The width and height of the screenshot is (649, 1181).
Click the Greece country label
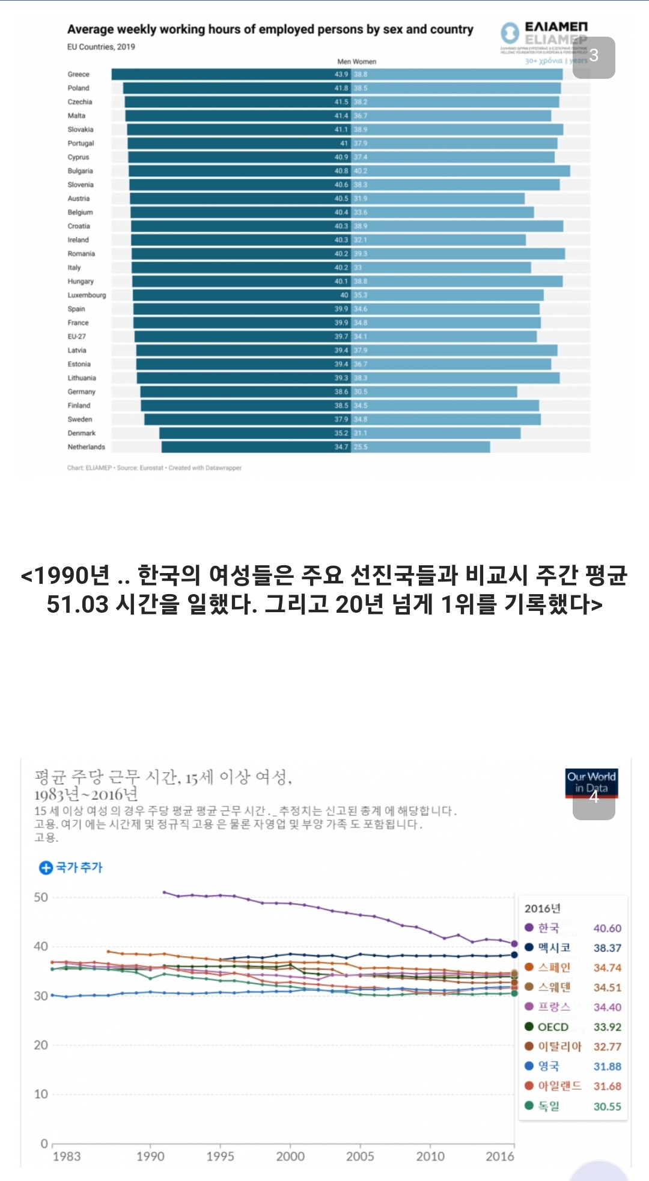point(78,75)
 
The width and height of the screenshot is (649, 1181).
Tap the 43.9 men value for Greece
point(341,75)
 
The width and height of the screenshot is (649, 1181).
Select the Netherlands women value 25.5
point(361,447)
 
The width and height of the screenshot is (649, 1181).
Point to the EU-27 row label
point(76,337)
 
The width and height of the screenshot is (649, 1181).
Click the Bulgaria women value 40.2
point(361,171)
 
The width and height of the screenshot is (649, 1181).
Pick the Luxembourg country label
point(87,295)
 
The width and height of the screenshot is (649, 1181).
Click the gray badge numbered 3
point(594,57)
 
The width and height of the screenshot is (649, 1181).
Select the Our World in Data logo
point(591,782)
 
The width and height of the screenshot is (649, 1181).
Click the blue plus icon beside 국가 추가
point(46,868)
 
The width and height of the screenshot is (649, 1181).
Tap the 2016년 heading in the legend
point(542,909)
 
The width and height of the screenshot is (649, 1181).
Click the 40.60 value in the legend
point(607,928)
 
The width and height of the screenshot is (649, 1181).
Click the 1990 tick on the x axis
point(150,1156)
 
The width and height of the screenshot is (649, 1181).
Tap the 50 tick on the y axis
point(41,897)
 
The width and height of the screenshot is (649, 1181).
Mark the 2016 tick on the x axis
point(500,1156)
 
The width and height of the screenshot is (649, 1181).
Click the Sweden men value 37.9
point(341,420)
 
